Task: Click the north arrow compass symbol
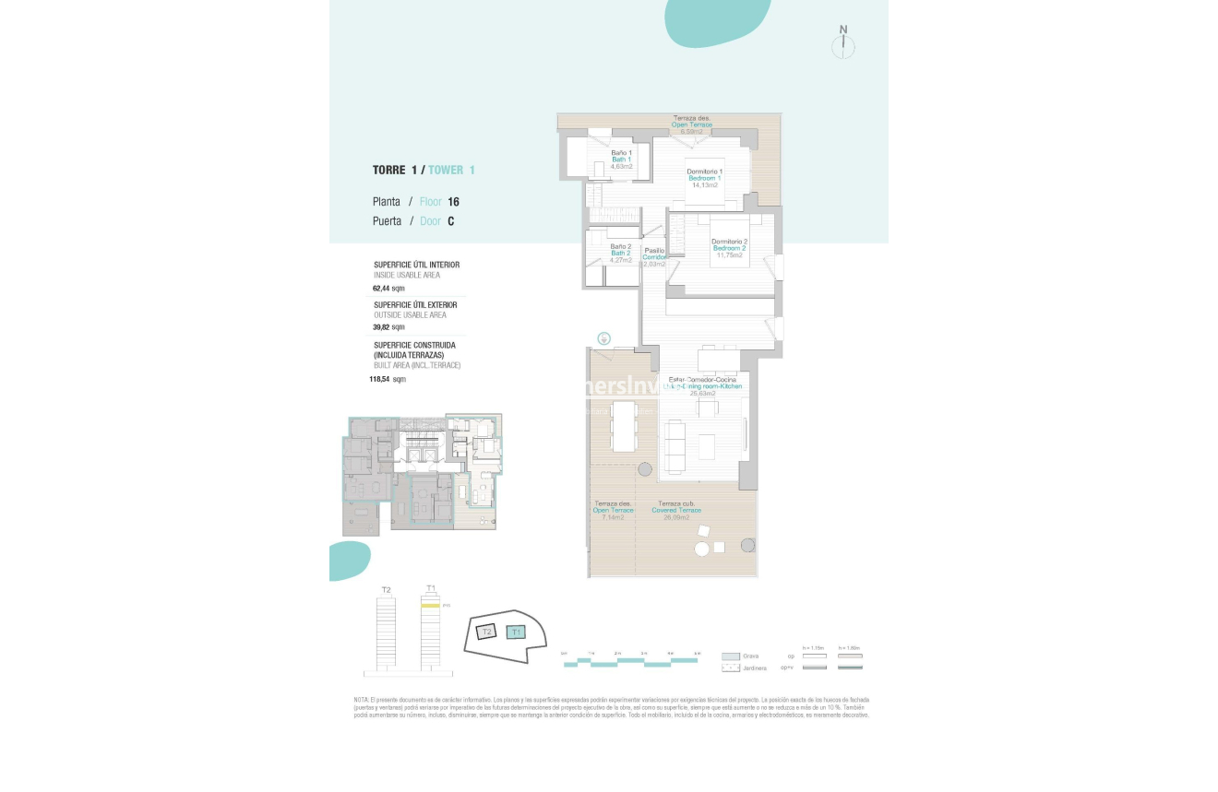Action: click(843, 46)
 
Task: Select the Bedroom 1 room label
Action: click(705, 178)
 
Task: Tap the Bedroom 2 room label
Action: click(729, 248)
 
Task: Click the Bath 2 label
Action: click(620, 253)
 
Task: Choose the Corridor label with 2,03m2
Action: click(654, 257)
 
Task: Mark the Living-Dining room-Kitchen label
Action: click(703, 386)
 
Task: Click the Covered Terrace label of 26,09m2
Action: click(676, 510)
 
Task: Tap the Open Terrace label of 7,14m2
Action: click(613, 510)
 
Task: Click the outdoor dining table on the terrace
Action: click(625, 425)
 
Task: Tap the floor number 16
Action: click(453, 202)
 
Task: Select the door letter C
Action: click(450, 221)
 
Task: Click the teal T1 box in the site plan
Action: click(517, 632)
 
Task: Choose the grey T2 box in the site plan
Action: click(486, 632)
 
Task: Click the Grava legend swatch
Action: click(731, 656)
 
